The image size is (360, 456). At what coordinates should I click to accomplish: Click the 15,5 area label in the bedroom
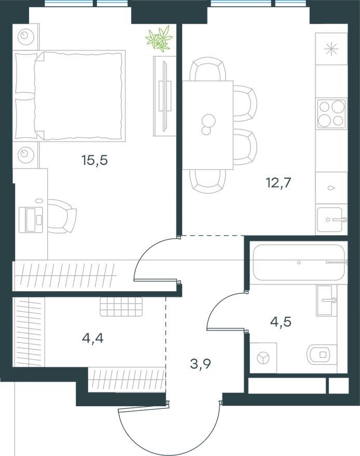click(x=95, y=160)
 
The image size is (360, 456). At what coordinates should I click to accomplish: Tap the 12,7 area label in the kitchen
click(x=278, y=183)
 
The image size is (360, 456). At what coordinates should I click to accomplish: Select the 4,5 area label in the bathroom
click(x=281, y=322)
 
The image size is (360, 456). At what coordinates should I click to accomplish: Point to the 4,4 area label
click(x=93, y=338)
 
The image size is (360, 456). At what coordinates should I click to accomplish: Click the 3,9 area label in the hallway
click(x=201, y=364)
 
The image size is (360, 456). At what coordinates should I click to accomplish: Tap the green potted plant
click(x=159, y=39)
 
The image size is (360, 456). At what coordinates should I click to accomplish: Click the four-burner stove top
click(x=331, y=113)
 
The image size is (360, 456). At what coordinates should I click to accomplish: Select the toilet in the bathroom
click(x=320, y=354)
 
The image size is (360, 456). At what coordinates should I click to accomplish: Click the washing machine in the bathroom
click(x=264, y=358)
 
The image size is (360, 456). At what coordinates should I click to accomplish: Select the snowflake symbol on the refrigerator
click(x=332, y=48)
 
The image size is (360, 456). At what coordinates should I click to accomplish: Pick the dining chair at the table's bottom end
click(x=207, y=181)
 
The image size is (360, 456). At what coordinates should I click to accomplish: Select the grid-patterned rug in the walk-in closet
click(x=121, y=307)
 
